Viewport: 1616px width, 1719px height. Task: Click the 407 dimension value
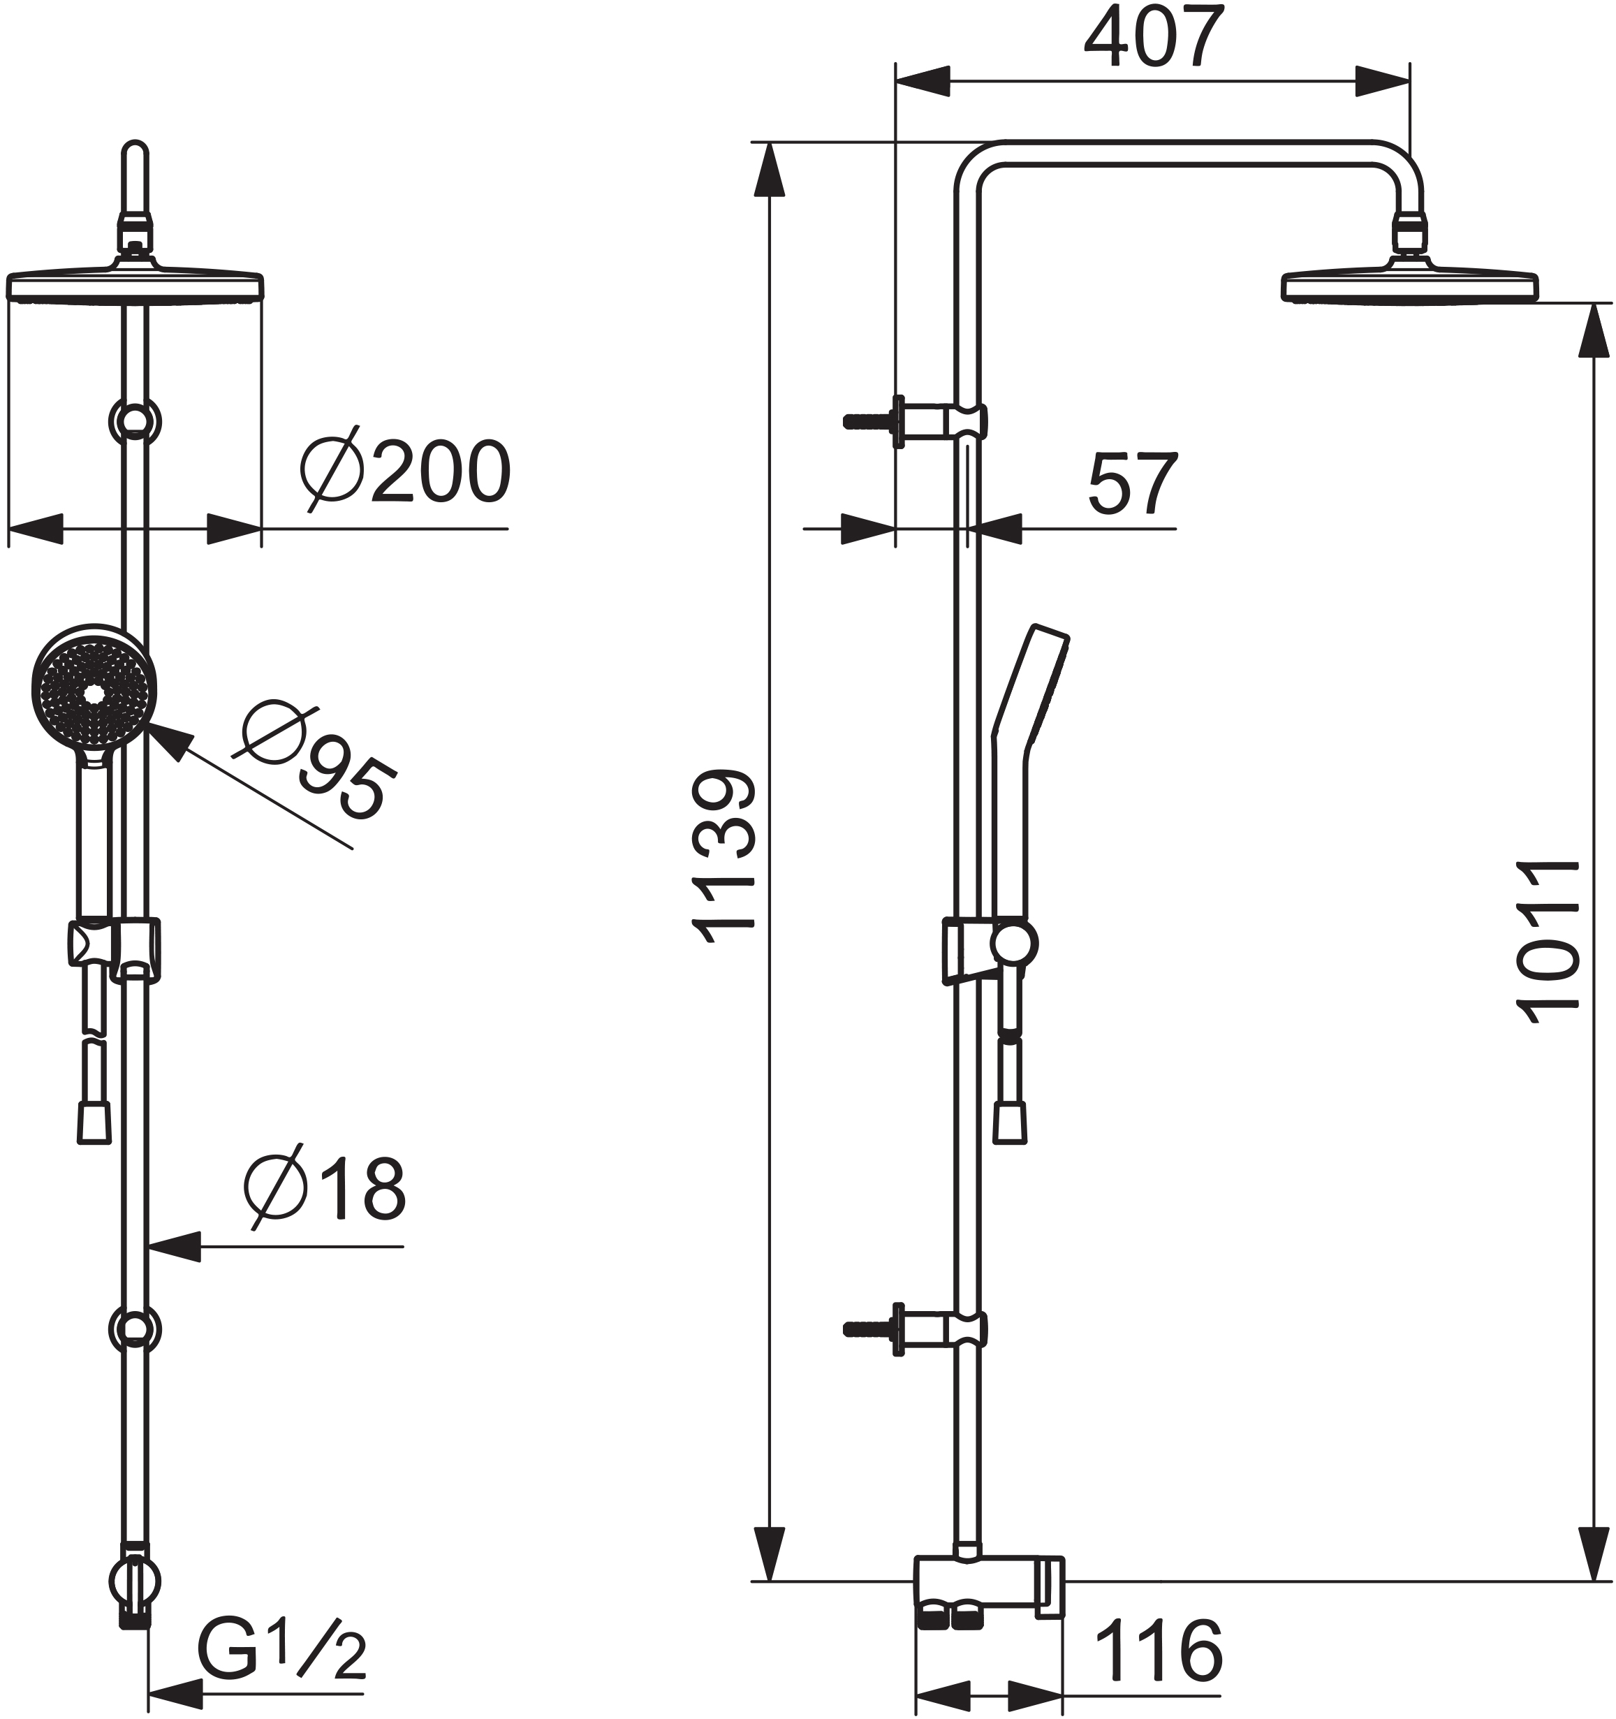click(1154, 37)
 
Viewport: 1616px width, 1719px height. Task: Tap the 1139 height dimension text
click(725, 856)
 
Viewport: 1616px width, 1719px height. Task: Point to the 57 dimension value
click(1133, 483)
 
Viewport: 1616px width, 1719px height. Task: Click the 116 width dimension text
click(1159, 1650)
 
